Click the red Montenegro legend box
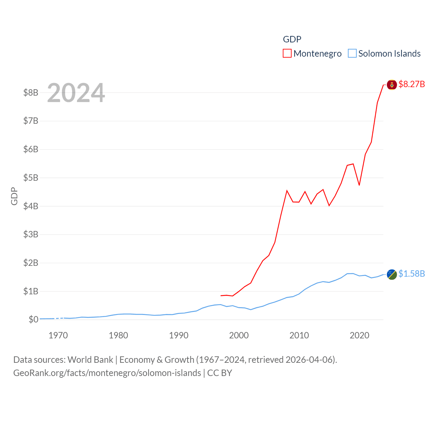pos(287,54)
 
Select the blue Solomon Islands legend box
pos(352,54)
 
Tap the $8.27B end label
pos(412,84)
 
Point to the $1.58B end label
pos(412,274)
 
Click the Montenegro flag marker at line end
pos(392,85)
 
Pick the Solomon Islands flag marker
pos(392,274)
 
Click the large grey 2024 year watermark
pos(76,93)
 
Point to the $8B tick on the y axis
pos(31,93)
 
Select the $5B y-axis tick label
pos(31,178)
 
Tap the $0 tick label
pos(33,319)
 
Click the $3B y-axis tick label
pos(31,234)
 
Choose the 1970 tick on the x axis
pos(58,335)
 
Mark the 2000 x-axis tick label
pos(239,335)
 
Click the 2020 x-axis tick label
pos(359,335)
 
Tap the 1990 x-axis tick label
pos(179,335)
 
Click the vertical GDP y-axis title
pos(14,196)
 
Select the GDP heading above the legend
pos(292,39)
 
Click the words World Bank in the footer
pos(90,359)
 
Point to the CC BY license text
pos(220,373)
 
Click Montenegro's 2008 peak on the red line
pos(287,191)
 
